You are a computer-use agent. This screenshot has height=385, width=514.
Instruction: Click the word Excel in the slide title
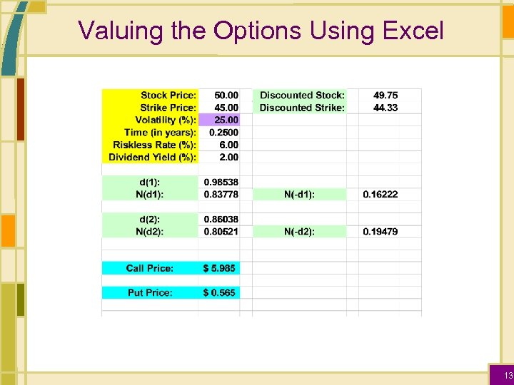click(x=413, y=31)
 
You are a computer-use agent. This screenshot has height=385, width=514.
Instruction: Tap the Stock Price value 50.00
click(x=227, y=95)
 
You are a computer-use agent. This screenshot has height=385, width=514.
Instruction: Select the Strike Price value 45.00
click(x=227, y=108)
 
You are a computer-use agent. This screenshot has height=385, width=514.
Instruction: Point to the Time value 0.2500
click(x=224, y=132)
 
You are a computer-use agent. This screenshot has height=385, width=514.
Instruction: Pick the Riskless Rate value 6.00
click(x=229, y=145)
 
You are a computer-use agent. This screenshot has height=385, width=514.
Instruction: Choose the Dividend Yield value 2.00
click(x=229, y=157)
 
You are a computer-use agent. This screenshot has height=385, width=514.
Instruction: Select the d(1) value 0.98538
click(x=221, y=182)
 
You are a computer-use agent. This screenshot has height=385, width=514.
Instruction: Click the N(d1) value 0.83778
click(x=221, y=194)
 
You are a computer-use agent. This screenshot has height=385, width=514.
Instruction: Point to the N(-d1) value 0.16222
click(x=381, y=194)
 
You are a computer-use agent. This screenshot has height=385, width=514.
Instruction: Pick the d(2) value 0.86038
click(x=221, y=219)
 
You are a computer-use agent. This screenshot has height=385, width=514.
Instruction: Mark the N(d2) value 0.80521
click(x=221, y=232)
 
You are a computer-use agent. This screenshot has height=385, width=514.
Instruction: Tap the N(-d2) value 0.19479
click(x=381, y=232)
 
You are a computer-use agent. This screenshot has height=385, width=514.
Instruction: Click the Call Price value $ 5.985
click(x=219, y=268)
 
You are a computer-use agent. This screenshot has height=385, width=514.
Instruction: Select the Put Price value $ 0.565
click(x=219, y=292)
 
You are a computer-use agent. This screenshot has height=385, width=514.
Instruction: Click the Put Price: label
click(x=150, y=292)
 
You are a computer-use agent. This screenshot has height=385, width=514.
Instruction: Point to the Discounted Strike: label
click(x=302, y=108)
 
